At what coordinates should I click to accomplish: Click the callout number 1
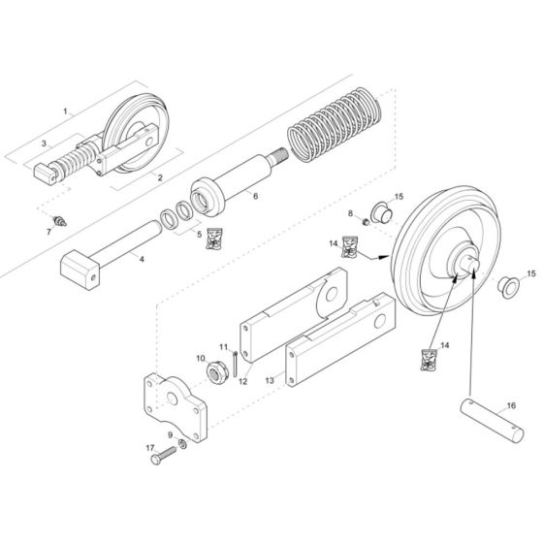[67, 112]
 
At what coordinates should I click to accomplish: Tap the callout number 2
[158, 177]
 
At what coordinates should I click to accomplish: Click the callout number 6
[255, 196]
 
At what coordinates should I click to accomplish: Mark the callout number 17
[149, 448]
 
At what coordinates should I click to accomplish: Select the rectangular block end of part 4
[80, 269]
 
